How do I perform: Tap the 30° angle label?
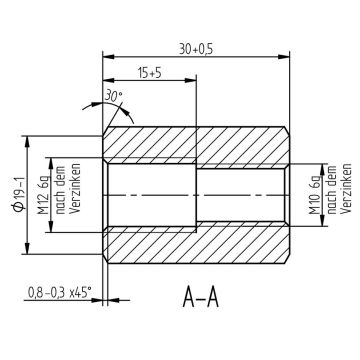click(116, 98)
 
